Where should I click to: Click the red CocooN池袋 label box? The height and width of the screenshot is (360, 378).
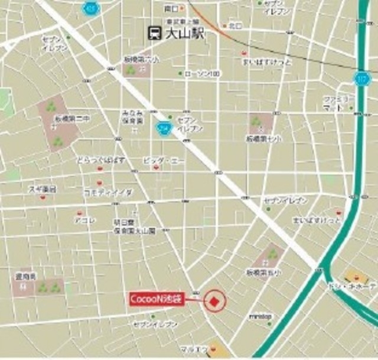click(157, 300)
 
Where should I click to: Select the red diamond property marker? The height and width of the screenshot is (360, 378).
click(214, 302)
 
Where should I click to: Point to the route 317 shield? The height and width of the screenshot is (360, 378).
click(361, 78)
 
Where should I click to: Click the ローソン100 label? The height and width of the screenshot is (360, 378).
click(203, 74)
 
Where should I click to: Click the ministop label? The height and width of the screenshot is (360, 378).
click(260, 317)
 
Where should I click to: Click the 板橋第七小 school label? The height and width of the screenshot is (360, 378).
click(263, 138)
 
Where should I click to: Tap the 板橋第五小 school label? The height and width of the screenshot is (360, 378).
click(264, 273)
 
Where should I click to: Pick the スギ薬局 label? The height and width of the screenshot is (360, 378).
click(43, 189)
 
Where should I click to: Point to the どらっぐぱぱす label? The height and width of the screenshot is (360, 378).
click(100, 160)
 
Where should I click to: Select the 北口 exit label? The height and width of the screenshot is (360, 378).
click(236, 25)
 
